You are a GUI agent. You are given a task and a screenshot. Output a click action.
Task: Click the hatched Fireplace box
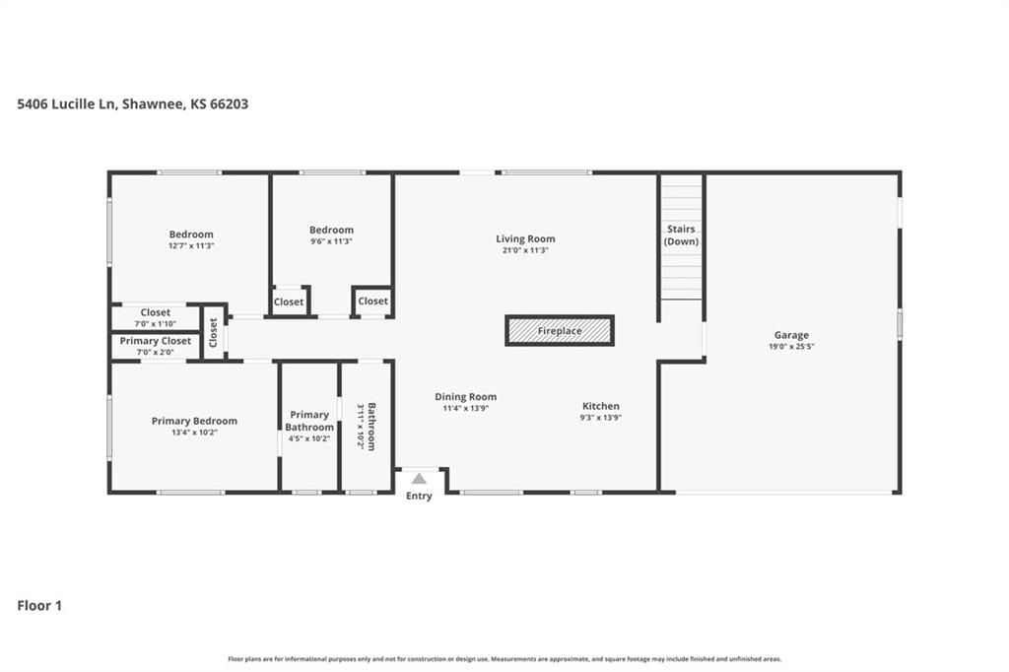click(560, 331)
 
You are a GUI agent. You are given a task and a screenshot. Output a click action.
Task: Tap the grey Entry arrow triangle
click(419, 478)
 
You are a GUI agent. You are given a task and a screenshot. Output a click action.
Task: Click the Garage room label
click(791, 335)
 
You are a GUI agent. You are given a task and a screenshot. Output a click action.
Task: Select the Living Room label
click(525, 238)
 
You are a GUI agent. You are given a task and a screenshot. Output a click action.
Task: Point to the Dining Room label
click(465, 396)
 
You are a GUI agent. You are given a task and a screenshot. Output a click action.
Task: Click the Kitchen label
click(601, 406)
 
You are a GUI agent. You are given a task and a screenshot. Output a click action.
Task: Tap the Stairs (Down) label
click(681, 235)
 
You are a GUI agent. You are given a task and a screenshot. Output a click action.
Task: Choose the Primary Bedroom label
click(194, 421)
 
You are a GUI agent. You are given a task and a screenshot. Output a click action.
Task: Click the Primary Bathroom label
click(309, 421)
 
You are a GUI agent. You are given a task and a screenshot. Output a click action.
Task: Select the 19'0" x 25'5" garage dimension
click(791, 346)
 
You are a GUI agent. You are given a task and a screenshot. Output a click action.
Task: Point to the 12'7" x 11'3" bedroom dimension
click(191, 246)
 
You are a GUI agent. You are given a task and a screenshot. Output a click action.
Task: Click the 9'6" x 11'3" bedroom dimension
click(331, 241)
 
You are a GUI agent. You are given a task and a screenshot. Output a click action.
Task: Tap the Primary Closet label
click(155, 341)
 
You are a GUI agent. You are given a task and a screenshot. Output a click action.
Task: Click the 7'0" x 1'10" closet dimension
click(155, 324)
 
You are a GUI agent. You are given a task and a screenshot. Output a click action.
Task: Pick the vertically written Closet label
click(213, 333)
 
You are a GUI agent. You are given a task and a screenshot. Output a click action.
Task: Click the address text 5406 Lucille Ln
click(66, 103)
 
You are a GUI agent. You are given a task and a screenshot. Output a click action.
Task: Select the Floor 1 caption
click(39, 606)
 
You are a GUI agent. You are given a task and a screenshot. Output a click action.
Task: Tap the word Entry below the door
click(419, 496)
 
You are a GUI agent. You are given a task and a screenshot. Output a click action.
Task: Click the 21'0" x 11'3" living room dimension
click(525, 250)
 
